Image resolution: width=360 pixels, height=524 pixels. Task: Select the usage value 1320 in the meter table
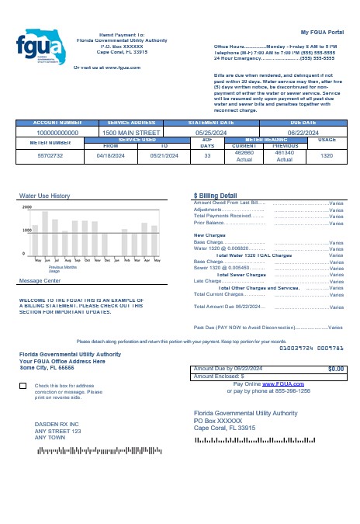tap(327, 155)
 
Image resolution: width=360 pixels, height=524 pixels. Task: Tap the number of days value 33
tap(207, 155)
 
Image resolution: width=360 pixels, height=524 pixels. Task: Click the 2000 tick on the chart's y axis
tap(27, 207)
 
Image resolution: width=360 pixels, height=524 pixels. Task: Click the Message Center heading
tap(40, 280)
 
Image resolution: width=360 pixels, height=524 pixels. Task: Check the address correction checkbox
tap(23, 386)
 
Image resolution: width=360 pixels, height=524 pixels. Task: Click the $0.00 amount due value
tap(336, 369)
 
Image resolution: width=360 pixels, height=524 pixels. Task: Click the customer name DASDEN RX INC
tap(57, 424)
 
